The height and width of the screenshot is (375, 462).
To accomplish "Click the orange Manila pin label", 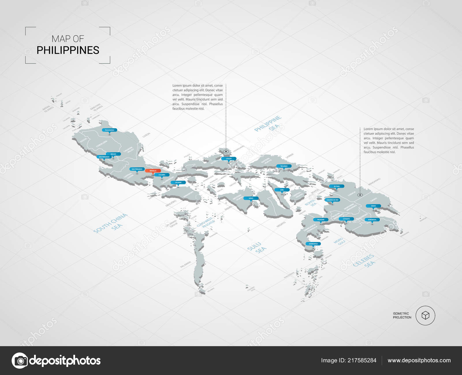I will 153,171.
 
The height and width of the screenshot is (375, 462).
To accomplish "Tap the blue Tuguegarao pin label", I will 109,130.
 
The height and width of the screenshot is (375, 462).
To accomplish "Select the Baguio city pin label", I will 113,154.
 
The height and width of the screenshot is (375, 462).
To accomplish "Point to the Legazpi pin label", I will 229,159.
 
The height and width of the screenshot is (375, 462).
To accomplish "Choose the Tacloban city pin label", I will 284,166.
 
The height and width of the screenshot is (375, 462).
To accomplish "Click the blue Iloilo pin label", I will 251,198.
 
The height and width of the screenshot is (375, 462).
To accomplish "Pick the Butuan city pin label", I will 337,186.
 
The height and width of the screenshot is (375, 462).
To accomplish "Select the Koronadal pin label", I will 372,220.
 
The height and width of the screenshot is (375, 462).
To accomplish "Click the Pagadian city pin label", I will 321,220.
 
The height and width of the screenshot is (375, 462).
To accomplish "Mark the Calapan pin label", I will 178,183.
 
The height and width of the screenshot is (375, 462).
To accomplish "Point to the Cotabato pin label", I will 346,219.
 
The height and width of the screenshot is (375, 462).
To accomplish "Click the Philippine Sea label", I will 268,124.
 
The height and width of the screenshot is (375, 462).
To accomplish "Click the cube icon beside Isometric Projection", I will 425,315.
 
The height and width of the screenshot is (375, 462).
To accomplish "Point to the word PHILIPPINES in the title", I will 68,50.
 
